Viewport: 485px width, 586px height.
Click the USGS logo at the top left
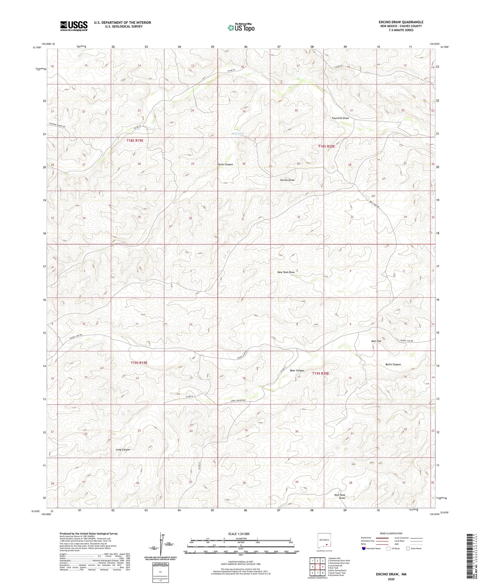coord(74,26)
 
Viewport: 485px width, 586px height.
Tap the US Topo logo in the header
coord(241,28)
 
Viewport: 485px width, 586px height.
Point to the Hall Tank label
coord(238,134)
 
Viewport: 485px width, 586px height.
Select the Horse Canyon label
coord(225,164)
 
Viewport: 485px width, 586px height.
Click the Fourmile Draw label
coord(340,118)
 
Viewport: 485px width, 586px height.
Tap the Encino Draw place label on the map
coord(287,180)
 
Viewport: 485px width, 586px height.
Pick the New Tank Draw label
coord(286,272)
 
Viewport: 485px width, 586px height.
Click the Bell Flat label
coord(376,341)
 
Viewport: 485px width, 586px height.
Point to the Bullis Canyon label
coord(393,364)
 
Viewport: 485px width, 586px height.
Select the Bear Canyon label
coord(297,371)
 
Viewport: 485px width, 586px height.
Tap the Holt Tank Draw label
coord(340,496)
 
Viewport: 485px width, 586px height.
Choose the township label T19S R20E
coord(321,373)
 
